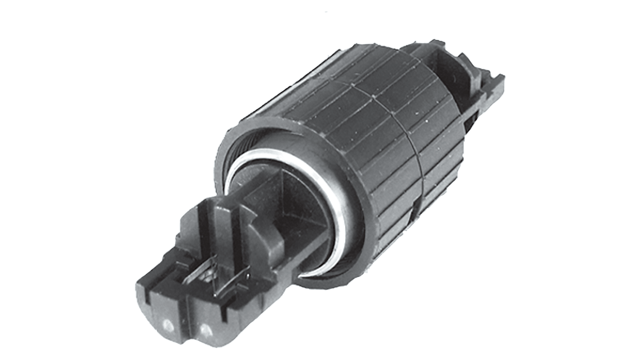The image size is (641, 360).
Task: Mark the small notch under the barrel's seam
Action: pos(414,208)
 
